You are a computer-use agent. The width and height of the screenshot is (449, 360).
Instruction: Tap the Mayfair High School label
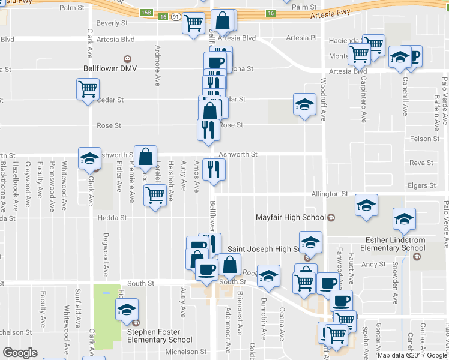(x=290, y=217)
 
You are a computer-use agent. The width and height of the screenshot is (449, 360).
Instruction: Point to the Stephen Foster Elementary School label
(x=159, y=336)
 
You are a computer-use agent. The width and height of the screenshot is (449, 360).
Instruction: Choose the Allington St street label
(x=329, y=194)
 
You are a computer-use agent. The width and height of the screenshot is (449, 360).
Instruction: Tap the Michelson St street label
(x=186, y=352)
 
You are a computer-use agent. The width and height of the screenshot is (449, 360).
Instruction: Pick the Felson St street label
(x=424, y=139)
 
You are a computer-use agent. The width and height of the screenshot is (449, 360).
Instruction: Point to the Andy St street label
(x=373, y=264)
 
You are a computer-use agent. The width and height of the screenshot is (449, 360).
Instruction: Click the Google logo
(x=20, y=353)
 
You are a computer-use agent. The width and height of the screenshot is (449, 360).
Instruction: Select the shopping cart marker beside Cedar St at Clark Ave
(x=88, y=89)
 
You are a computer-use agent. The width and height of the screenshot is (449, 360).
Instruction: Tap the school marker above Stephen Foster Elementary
(x=127, y=310)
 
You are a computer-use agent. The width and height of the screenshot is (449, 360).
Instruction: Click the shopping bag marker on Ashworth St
(x=145, y=157)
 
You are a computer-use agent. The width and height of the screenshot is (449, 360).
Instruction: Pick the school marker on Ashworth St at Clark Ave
(x=90, y=158)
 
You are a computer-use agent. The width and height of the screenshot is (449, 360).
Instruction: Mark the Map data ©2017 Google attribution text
(x=412, y=355)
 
